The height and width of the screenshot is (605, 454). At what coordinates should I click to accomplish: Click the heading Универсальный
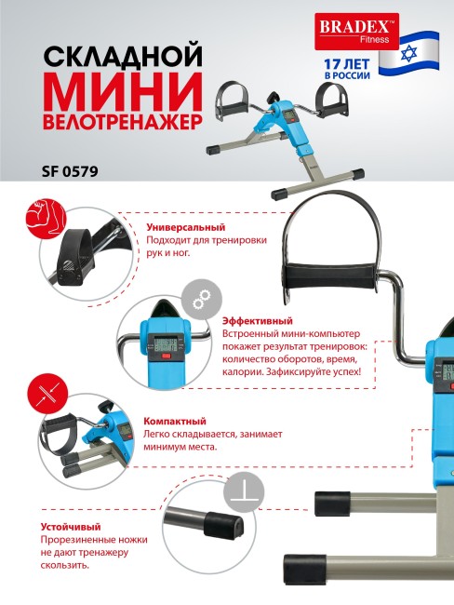click(x=186, y=226)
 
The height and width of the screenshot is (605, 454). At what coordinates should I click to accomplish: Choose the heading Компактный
click(x=176, y=421)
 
